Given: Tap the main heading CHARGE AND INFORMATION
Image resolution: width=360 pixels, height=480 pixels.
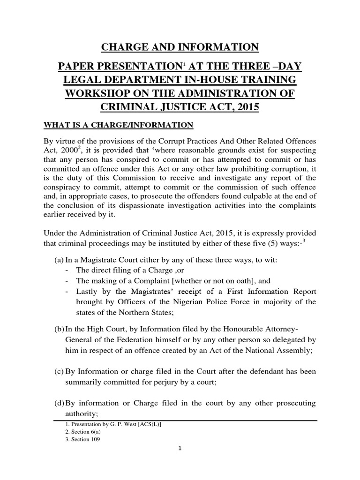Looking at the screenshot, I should coord(180,47).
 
